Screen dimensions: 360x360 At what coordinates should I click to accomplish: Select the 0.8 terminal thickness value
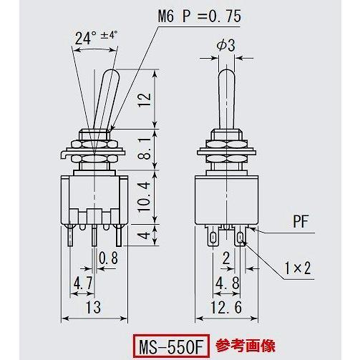[x=109, y=257]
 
